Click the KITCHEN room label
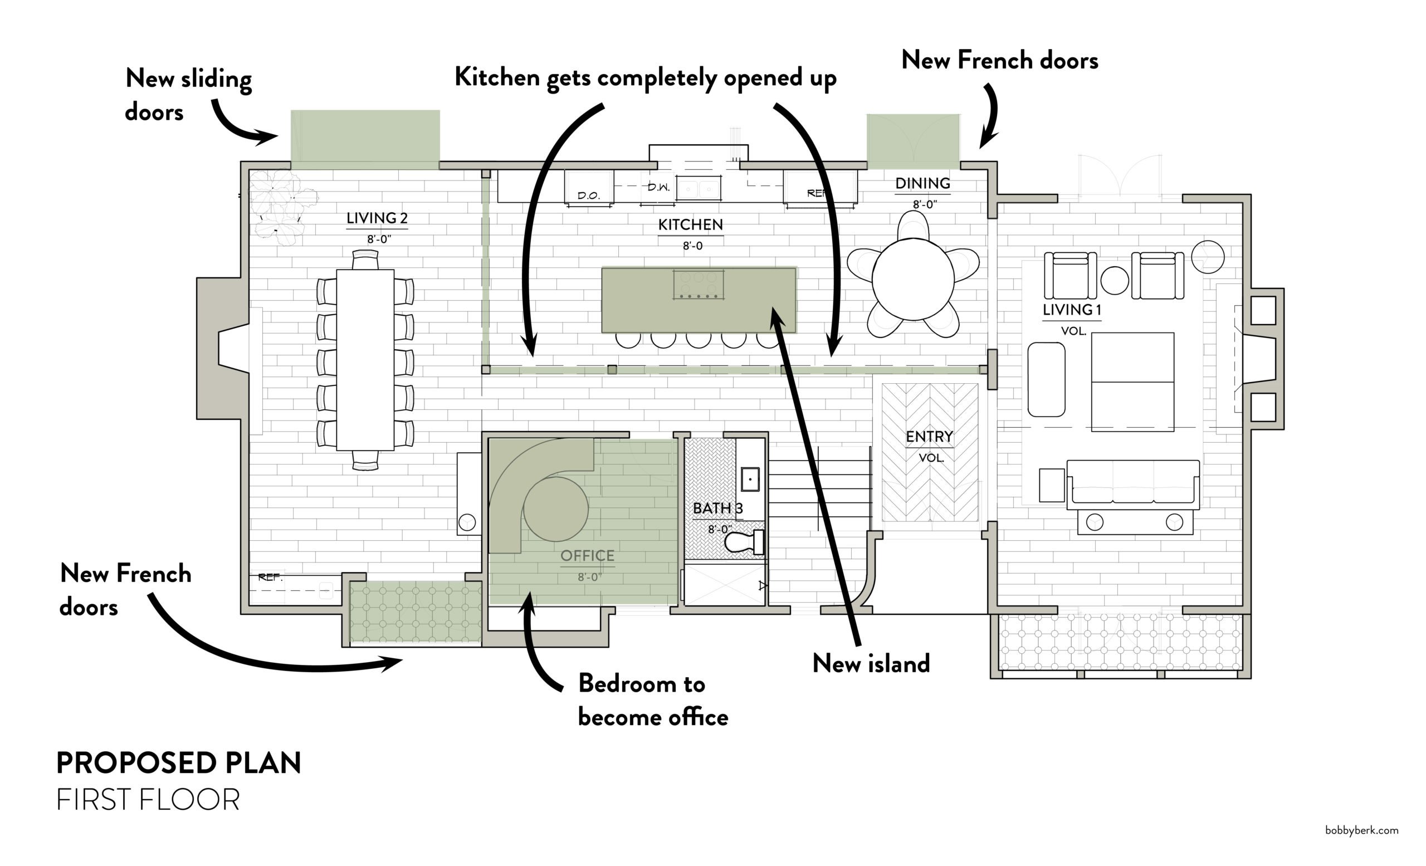690,224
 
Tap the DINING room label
922,183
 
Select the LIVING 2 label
377,218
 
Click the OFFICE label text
587,555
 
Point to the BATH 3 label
717,508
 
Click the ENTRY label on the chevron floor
929,437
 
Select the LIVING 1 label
1071,310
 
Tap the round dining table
912,279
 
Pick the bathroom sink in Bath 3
750,479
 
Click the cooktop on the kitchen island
698,285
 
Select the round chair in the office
555,509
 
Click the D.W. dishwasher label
658,188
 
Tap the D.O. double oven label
588,195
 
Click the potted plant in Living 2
281,206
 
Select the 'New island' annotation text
871,663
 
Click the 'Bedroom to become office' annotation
652,700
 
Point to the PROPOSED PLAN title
178,763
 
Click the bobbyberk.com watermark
1361,830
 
